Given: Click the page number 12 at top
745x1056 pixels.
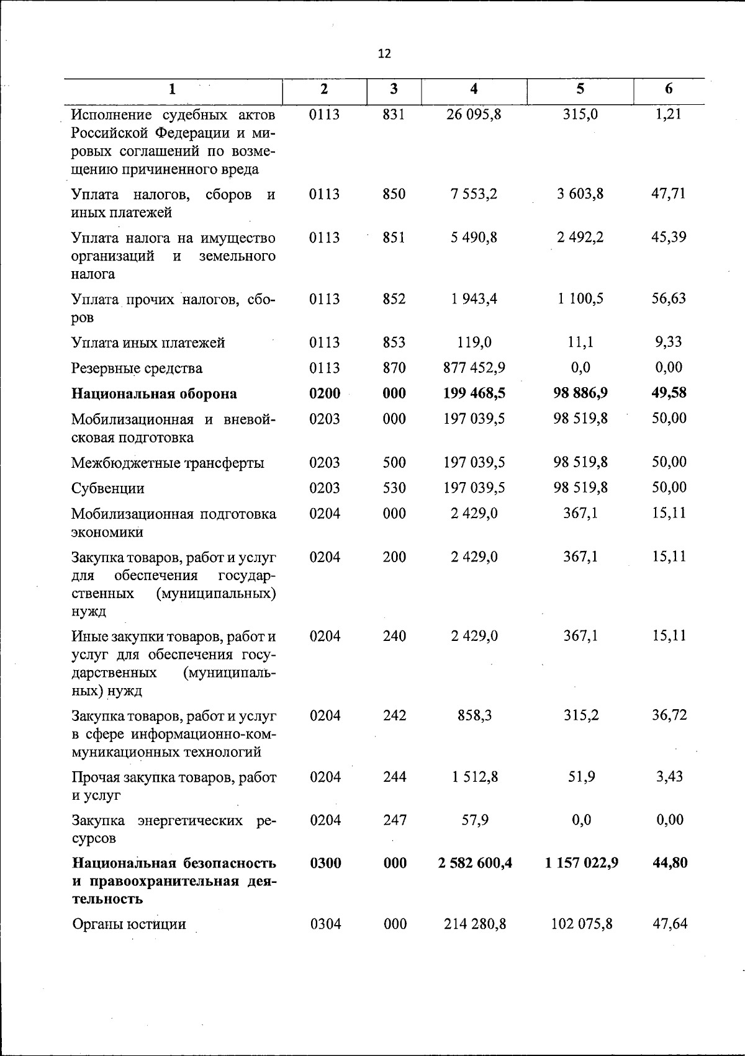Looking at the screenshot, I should tap(384, 54).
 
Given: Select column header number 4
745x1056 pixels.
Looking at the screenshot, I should tap(474, 89).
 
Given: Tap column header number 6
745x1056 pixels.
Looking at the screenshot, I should tap(669, 89).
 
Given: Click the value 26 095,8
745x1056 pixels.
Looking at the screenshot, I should tap(474, 115).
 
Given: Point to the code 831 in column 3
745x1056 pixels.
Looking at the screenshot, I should tap(394, 115).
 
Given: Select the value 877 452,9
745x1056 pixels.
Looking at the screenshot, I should tap(474, 368).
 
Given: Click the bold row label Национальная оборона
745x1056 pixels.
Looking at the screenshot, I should tap(154, 394).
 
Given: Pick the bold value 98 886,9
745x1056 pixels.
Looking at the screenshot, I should tap(580, 393).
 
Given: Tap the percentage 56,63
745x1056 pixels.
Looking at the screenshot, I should tap(669, 298).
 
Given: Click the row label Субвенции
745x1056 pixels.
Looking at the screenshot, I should tap(108, 488).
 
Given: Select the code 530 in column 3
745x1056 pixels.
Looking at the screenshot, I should tap(394, 488).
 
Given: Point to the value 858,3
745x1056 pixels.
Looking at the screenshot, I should tap(474, 715).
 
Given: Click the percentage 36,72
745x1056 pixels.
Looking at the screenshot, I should tap(669, 715).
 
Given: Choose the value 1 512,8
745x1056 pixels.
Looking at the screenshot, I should tap(474, 777).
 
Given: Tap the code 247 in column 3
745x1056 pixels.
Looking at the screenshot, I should tap(394, 820).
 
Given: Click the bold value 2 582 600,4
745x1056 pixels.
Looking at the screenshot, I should tap(474, 863).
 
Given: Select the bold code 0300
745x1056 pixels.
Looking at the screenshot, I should tap(325, 863).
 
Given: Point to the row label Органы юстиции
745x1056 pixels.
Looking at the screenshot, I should tap(129, 924).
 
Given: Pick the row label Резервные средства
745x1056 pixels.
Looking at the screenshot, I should tap(137, 369).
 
